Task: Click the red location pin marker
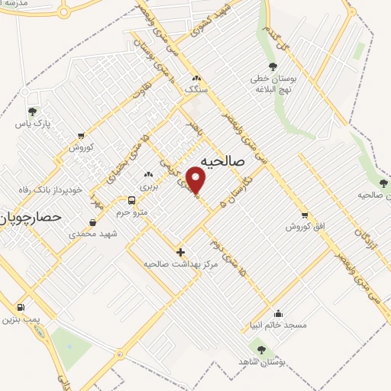point(197,181)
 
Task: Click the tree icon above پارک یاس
point(31,111)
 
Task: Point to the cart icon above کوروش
point(81,136)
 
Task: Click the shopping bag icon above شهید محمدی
point(92,222)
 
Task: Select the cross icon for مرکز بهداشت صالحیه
point(180,251)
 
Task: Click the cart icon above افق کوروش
point(305,215)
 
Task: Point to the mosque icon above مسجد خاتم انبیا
point(278,313)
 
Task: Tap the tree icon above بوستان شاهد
point(261,349)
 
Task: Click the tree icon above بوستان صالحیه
point(373,183)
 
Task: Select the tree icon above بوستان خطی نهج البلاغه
point(273,67)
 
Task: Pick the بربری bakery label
point(147,186)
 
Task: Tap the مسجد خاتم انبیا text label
point(283,325)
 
